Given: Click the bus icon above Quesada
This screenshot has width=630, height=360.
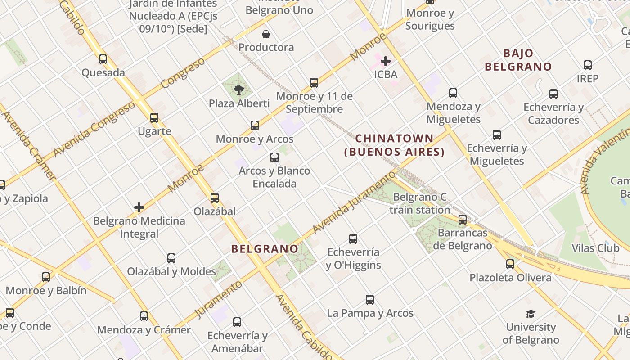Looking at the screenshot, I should (103, 59).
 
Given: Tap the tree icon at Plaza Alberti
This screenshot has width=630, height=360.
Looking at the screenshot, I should (239, 90).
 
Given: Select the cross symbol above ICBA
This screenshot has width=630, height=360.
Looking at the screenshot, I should (386, 61).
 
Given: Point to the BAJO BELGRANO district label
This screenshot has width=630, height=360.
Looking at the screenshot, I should (518, 60).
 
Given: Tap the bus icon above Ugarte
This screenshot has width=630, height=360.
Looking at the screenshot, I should (154, 118).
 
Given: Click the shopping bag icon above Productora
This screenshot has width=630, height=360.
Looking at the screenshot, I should (266, 34).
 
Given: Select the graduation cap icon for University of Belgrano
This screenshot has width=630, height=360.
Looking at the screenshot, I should (531, 314).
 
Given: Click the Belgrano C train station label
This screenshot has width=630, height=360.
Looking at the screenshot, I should (420, 203).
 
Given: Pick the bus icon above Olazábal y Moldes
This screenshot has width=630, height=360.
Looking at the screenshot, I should (171, 258).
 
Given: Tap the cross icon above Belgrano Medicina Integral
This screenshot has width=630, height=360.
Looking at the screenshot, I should (139, 207).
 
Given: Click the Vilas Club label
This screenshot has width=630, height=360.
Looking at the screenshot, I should (595, 248).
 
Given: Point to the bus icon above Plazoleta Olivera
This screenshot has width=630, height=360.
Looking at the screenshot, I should (510, 264).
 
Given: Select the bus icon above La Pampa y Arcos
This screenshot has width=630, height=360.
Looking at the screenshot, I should (370, 300).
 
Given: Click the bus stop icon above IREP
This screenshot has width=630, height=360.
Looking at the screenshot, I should (588, 65).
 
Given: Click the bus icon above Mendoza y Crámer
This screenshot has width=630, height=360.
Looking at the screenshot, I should (144, 316).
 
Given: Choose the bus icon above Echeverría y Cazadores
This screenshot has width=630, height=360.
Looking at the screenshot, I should (553, 94).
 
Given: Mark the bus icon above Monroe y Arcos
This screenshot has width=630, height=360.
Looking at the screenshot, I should (255, 126).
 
